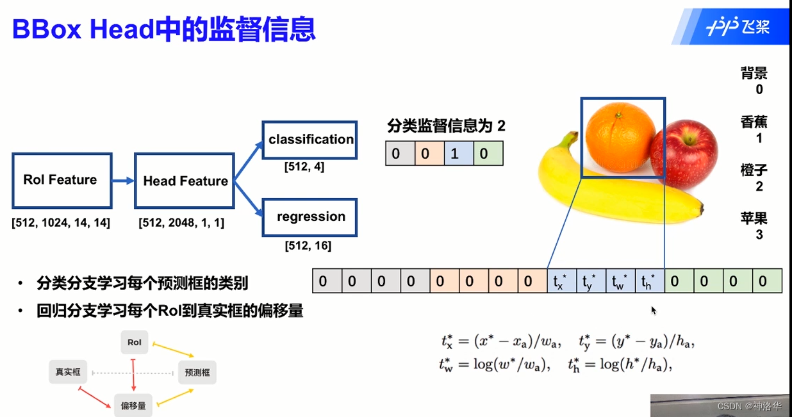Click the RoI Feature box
click(62, 180)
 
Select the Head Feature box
click(185, 181)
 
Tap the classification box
click(310, 140)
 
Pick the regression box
click(310, 217)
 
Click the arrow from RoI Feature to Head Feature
click(123, 181)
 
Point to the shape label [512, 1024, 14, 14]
click(61, 223)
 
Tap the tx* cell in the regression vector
click(561, 281)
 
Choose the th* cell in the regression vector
click(649, 281)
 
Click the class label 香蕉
click(754, 122)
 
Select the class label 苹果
click(754, 218)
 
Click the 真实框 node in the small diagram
click(68, 372)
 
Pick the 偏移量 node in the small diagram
click(133, 405)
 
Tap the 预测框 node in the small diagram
click(197, 372)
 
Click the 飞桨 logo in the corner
click(737, 26)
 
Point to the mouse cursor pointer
click(654, 310)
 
